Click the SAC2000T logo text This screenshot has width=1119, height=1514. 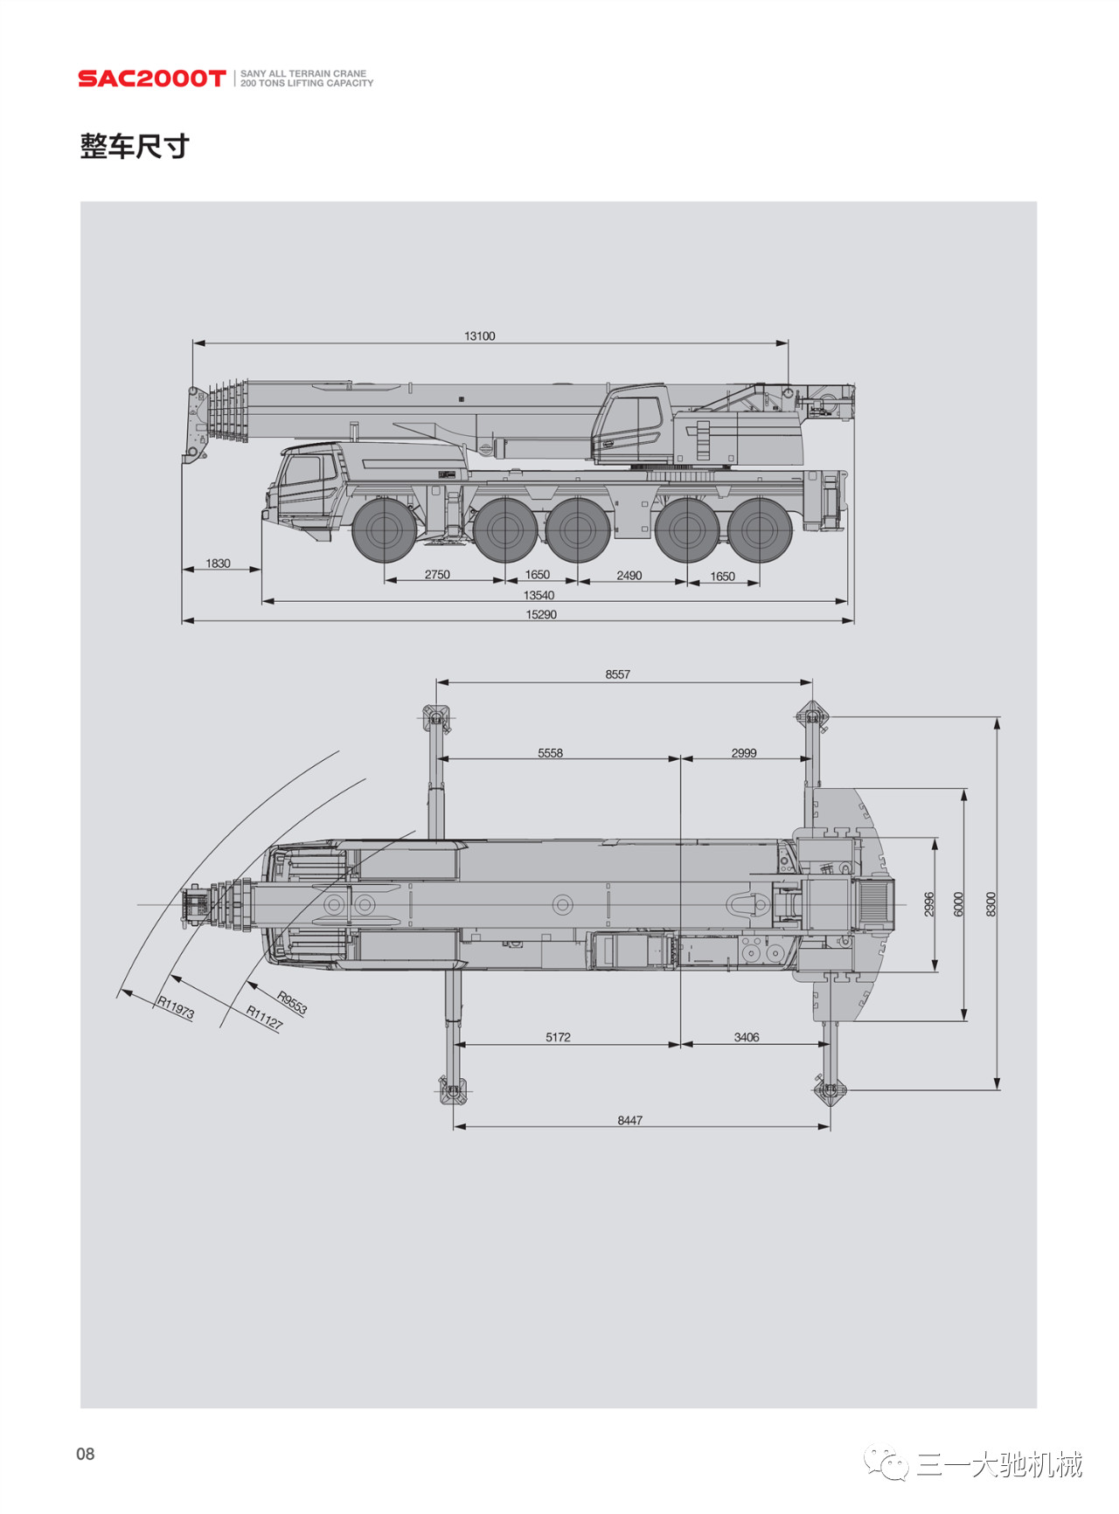coord(151,79)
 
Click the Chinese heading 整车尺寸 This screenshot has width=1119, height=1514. coord(135,146)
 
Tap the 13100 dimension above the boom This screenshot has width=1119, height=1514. coord(479,336)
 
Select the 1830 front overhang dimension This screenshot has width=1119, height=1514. coord(218,563)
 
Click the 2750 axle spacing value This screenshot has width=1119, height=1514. coord(437,575)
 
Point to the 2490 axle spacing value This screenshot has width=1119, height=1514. coord(629,576)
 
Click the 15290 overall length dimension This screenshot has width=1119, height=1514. coord(541,615)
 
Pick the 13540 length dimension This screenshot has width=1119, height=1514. coord(539,596)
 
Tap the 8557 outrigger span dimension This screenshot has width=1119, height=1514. coord(617,674)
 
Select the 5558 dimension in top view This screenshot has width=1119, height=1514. coord(550,753)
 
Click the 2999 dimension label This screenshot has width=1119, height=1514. coord(744,753)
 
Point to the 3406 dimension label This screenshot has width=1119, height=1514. coord(747,1038)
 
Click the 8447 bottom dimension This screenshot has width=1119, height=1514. coord(629,1121)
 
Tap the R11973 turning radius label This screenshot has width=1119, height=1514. coord(176,1008)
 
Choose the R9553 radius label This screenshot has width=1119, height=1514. coord(292,1002)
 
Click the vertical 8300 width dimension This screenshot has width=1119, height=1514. coord(990,904)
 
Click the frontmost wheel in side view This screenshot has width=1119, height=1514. coord(383,529)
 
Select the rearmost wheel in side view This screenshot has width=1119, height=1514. coord(759,529)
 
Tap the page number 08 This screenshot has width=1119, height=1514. coord(86,1454)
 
